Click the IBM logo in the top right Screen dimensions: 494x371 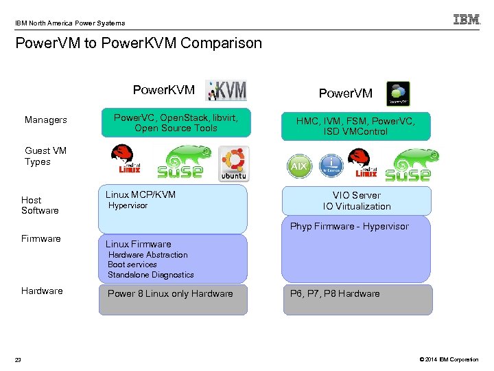click(x=467, y=20)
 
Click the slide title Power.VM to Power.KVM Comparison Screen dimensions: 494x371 click(x=139, y=43)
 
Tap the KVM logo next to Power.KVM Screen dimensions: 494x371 click(x=227, y=91)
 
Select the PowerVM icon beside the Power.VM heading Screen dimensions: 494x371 click(x=398, y=93)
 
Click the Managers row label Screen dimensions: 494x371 click(x=46, y=120)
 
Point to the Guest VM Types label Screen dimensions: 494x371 click(x=45, y=156)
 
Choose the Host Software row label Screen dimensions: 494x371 click(x=40, y=205)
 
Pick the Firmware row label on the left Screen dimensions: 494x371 click(x=41, y=238)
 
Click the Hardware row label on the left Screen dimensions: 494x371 click(x=42, y=291)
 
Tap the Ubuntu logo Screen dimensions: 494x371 click(x=234, y=165)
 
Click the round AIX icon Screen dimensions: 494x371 click(x=299, y=166)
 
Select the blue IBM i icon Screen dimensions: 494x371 click(x=331, y=165)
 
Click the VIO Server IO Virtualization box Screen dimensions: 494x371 click(x=357, y=201)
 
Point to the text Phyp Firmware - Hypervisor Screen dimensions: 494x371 click(x=349, y=226)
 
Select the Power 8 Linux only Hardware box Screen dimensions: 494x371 click(x=173, y=300)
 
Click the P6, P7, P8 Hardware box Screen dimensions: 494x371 click(x=357, y=300)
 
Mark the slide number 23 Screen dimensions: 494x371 click(x=19, y=359)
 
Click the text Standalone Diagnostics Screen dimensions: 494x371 click(x=150, y=274)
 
